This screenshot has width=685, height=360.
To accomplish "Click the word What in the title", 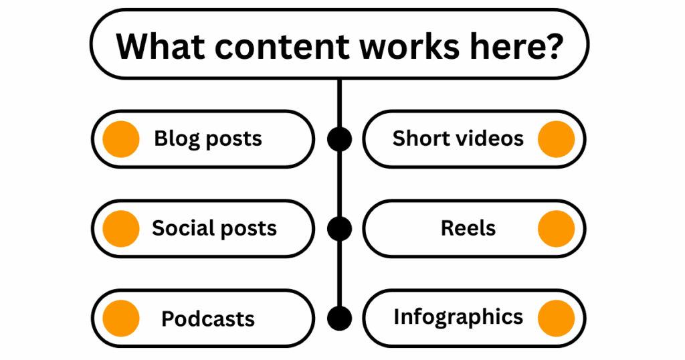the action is click(161, 46).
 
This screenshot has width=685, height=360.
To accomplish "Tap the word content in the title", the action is click(282, 46).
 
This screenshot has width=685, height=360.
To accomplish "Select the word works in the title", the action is click(409, 46).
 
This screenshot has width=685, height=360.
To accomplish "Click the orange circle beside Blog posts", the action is click(121, 139).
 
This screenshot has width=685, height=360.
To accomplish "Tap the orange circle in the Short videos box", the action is click(556, 139).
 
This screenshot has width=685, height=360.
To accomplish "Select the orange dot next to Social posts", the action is click(121, 228).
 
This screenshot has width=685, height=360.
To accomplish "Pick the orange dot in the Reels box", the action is click(556, 228).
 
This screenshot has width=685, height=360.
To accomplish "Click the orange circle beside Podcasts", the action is click(121, 318).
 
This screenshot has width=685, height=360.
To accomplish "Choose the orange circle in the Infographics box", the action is click(556, 318).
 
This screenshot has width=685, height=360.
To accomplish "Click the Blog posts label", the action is click(208, 139).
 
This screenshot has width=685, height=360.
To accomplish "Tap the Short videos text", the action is click(458, 139).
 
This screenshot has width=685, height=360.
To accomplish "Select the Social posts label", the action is click(214, 228).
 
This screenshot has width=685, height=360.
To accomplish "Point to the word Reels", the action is click(468, 228).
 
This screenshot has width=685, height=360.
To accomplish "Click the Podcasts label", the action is click(208, 319).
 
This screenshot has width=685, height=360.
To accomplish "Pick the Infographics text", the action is click(458, 317).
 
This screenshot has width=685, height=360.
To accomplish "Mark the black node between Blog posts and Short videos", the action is click(339, 139).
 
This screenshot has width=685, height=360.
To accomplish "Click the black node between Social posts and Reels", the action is click(339, 228).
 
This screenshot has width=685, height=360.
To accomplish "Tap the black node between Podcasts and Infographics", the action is click(339, 318).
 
